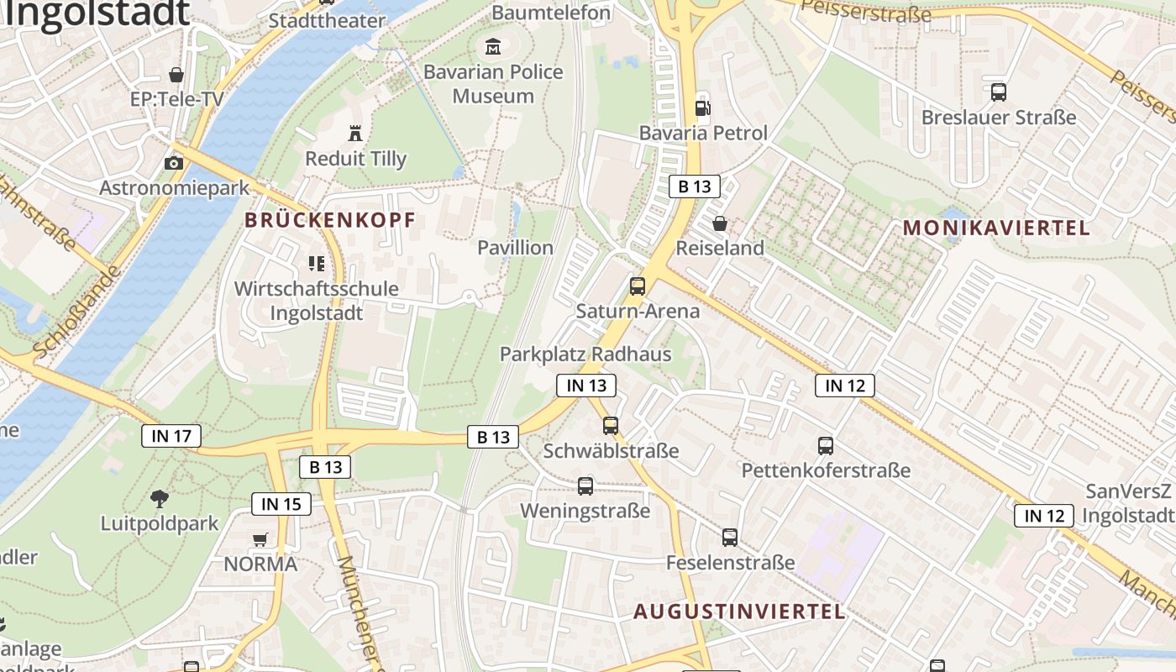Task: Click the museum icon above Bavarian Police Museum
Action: pyautogui.click(x=492, y=47)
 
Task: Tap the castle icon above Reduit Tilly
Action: pyautogui.click(x=355, y=133)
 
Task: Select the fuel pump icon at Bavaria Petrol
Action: pyautogui.click(x=702, y=108)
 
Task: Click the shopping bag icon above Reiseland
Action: pyautogui.click(x=720, y=223)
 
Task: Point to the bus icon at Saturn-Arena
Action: pyautogui.click(x=638, y=286)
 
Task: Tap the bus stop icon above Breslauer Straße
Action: pyautogui.click(x=999, y=92)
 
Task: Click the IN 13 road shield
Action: pyautogui.click(x=586, y=386)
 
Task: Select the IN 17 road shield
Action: pyautogui.click(x=171, y=435)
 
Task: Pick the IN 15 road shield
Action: pyautogui.click(x=281, y=504)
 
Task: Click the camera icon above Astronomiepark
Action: pyautogui.click(x=174, y=163)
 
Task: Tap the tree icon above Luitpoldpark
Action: pyautogui.click(x=159, y=499)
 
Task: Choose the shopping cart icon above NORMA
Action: pyautogui.click(x=260, y=539)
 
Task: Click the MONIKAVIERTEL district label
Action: pyautogui.click(x=996, y=228)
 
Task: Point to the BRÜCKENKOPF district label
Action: pyautogui.click(x=330, y=221)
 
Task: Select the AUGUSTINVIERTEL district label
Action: pyautogui.click(x=739, y=612)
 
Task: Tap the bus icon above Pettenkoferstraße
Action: pyautogui.click(x=826, y=446)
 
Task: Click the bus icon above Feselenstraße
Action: pyautogui.click(x=730, y=538)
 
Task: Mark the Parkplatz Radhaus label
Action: pyautogui.click(x=585, y=354)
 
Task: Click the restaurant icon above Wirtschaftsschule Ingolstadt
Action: pyautogui.click(x=317, y=265)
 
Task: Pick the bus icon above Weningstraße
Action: pyautogui.click(x=585, y=486)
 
